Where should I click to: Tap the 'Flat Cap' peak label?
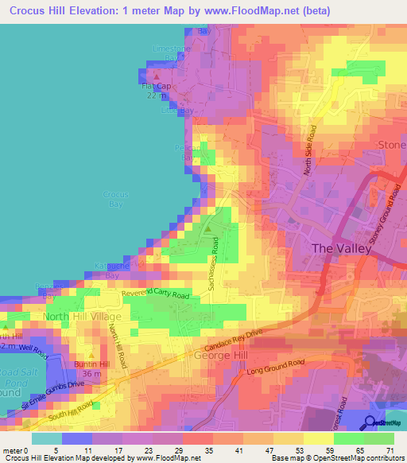[156, 86]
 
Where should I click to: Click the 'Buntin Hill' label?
[91, 365]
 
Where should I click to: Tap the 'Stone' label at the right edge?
[391, 145]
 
